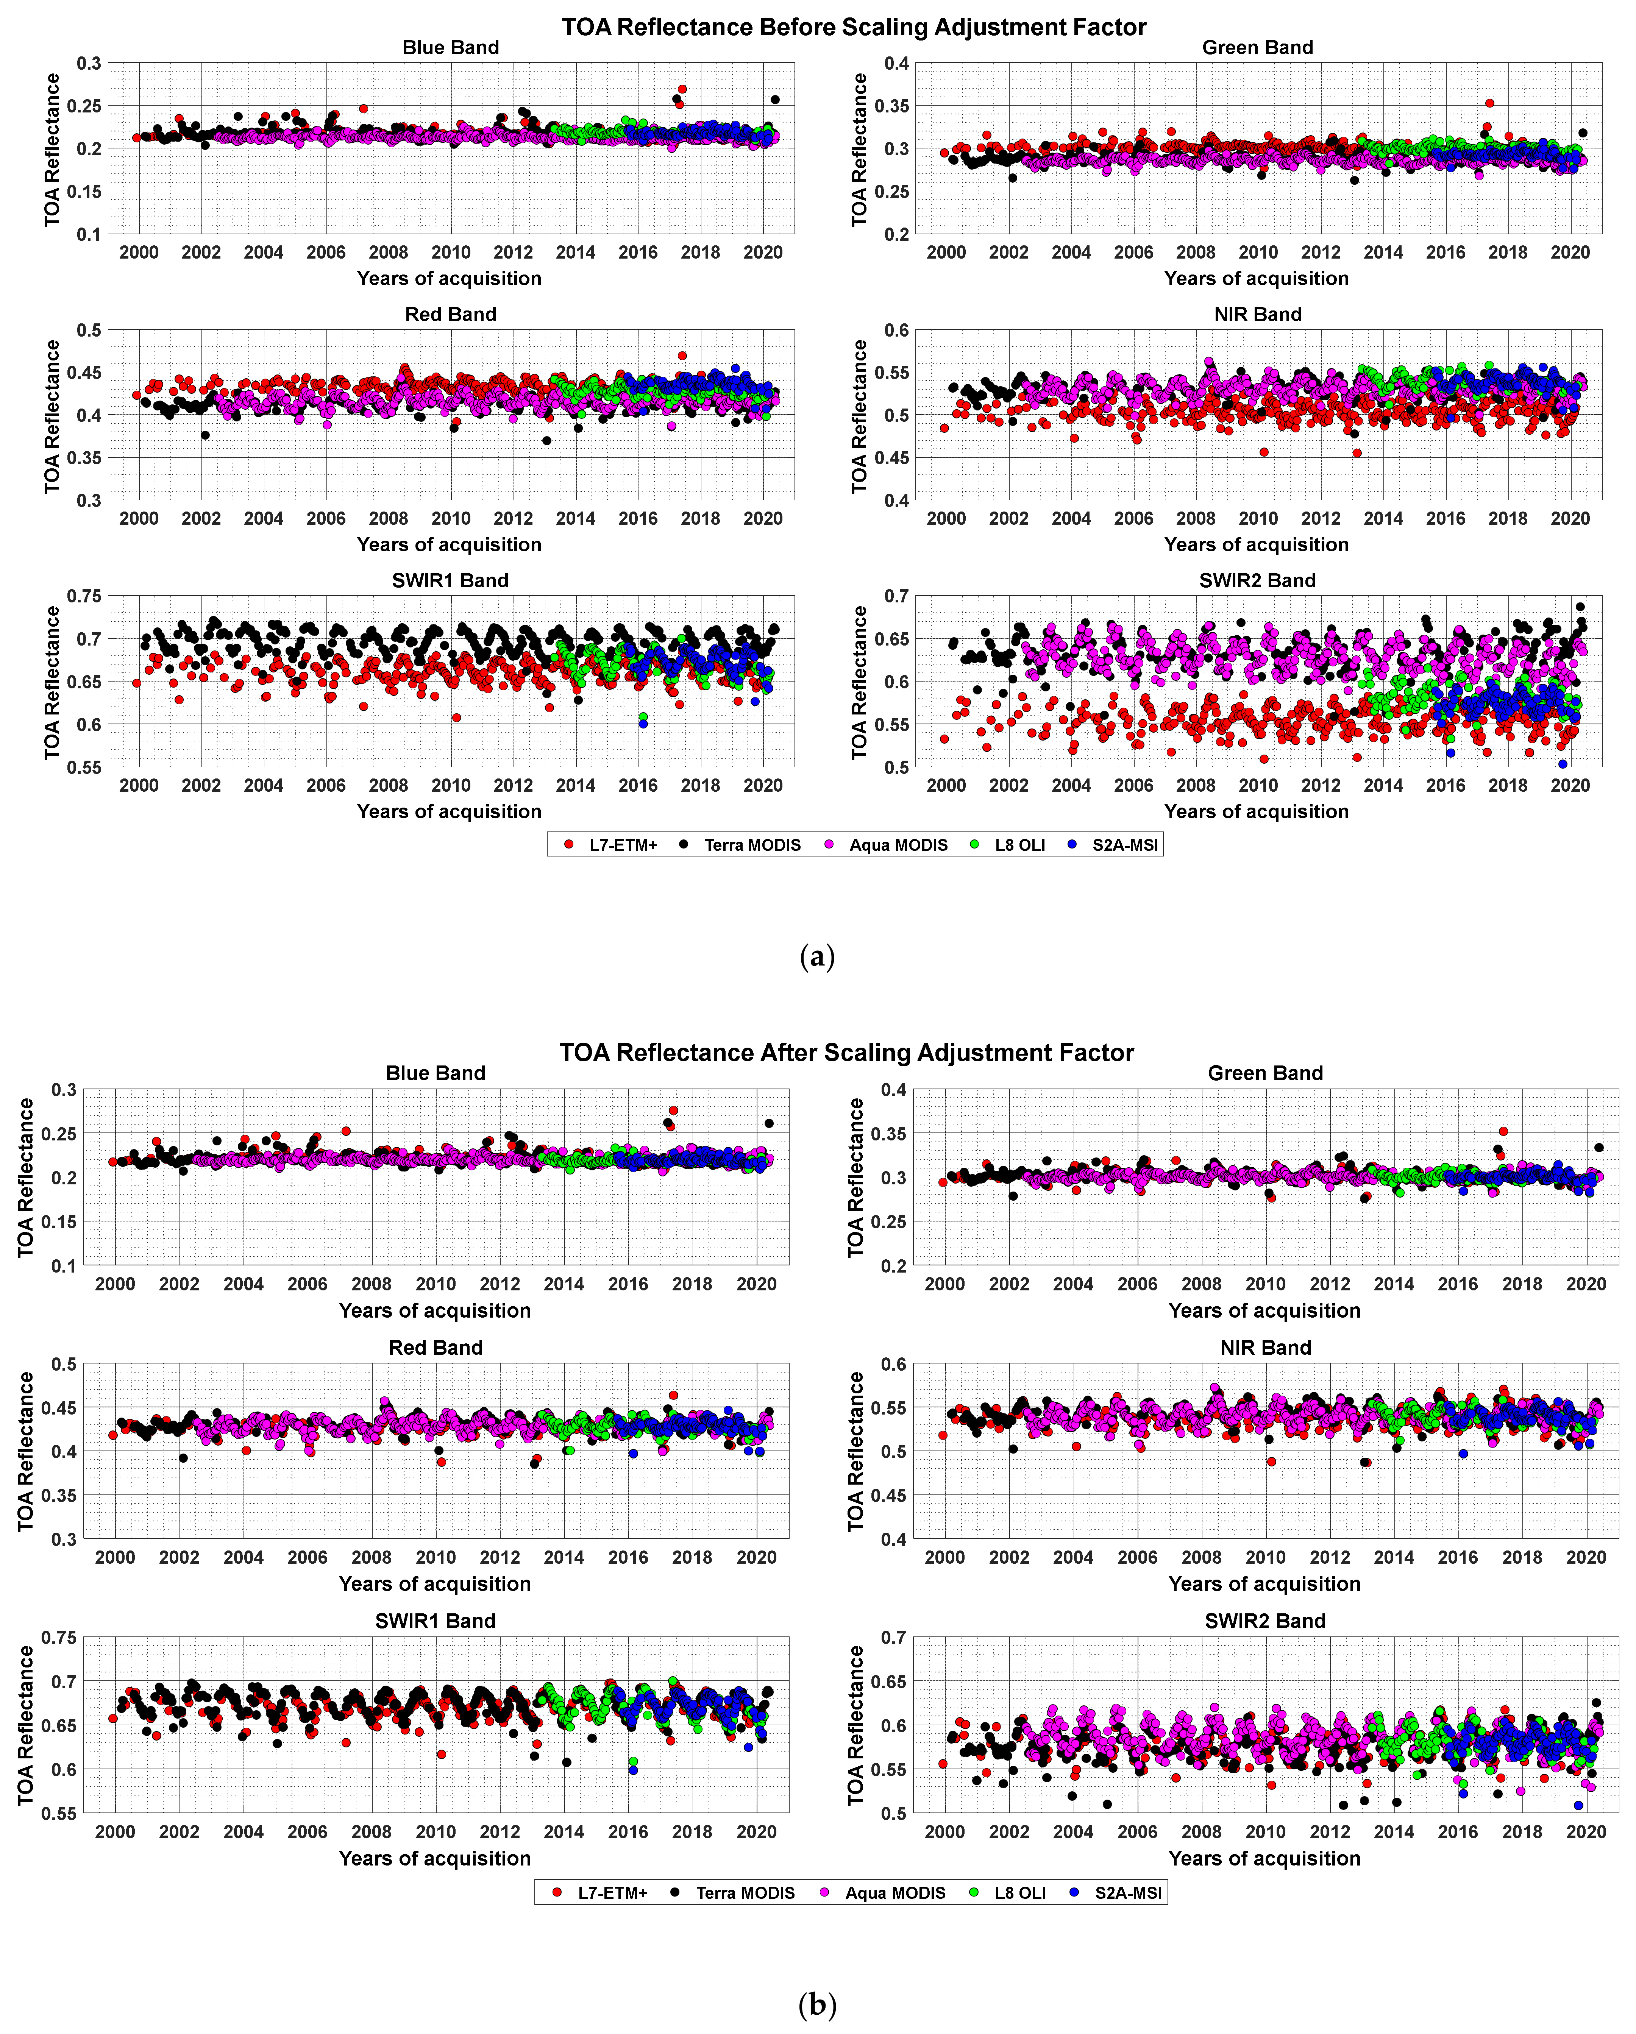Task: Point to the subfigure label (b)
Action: (x=817, y=2004)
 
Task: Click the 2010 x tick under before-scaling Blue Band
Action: (x=451, y=253)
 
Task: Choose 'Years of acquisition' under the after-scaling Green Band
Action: (x=1264, y=1310)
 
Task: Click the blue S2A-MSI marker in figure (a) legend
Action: (x=1072, y=844)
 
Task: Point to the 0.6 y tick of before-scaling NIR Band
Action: (x=896, y=330)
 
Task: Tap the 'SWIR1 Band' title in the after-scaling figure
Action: (x=435, y=1621)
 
